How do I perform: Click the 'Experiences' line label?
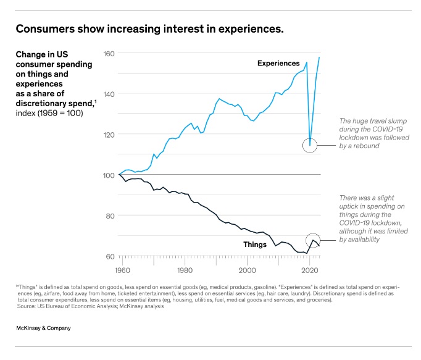[x=278, y=64]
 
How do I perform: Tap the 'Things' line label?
[x=255, y=245]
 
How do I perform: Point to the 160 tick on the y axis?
[x=109, y=53]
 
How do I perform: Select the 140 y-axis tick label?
[x=109, y=94]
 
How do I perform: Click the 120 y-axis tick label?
[x=109, y=135]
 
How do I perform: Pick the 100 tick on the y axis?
[x=109, y=175]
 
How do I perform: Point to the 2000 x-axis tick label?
[x=247, y=270]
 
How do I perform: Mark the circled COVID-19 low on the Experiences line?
[x=310, y=145]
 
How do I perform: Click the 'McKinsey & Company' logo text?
[x=43, y=328]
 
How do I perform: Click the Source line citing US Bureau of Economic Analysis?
[x=90, y=306]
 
